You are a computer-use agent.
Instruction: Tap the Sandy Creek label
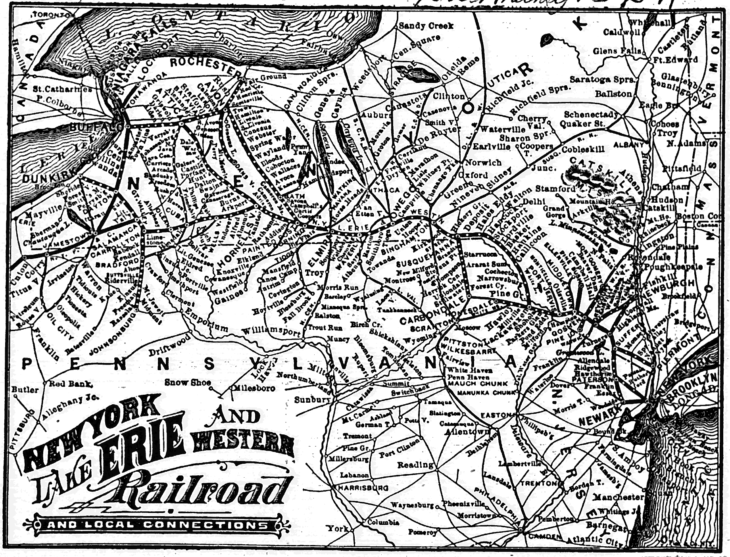(426, 26)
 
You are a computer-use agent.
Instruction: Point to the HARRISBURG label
(363, 487)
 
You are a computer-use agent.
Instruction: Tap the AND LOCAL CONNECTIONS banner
(158, 525)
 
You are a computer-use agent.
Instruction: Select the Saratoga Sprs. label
(602, 80)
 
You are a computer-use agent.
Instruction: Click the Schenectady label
(591, 114)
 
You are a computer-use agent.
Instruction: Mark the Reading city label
(415, 465)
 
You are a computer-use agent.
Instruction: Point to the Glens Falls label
(617, 51)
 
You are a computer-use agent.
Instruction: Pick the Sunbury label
(312, 400)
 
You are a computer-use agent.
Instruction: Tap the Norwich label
(483, 162)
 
